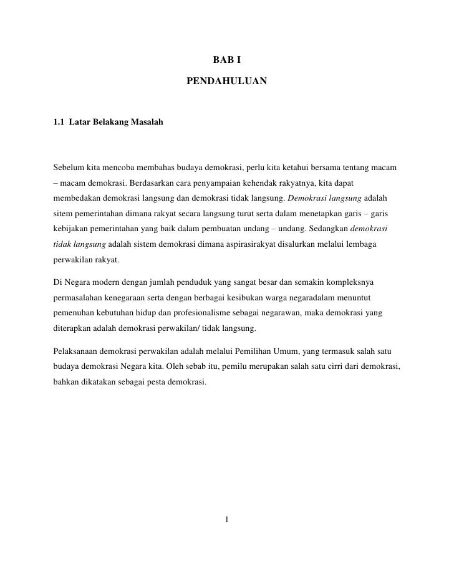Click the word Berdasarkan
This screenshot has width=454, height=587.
150,184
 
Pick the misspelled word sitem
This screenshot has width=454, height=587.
64,214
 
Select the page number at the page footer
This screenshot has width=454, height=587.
228,520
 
